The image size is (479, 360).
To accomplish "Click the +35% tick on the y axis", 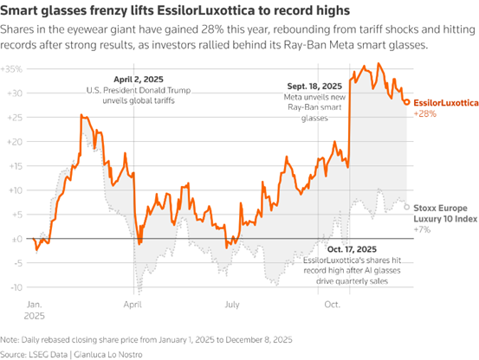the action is pyautogui.click(x=11, y=69).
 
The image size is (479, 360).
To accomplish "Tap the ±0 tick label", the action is pyautogui.click(x=17, y=239).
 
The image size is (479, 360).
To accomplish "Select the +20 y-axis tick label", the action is pyautogui.click(x=15, y=142).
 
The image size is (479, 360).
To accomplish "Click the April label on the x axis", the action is pyautogui.click(x=133, y=305).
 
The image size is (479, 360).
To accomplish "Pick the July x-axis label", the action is pyautogui.click(x=232, y=305).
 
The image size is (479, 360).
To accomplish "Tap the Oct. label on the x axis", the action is pyautogui.click(x=332, y=305).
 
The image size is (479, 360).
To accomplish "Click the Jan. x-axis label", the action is pyautogui.click(x=35, y=305).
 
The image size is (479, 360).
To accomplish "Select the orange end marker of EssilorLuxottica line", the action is pyautogui.click(x=407, y=102).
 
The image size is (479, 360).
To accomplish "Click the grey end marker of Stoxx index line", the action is pyautogui.click(x=407, y=207).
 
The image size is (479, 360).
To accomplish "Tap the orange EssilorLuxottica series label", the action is pyautogui.click(x=446, y=103).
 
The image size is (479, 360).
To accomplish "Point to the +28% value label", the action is pyautogui.click(x=425, y=114).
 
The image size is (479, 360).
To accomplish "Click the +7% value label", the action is pyautogui.click(x=422, y=229).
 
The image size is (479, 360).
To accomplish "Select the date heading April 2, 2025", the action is pyautogui.click(x=139, y=80).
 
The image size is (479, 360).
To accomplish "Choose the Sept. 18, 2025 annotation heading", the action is pyautogui.click(x=314, y=87).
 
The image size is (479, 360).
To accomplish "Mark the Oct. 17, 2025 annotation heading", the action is pyautogui.click(x=352, y=249).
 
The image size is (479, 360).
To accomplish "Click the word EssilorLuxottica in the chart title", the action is pyautogui.click(x=205, y=10).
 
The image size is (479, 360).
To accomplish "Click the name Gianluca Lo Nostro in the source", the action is pyautogui.click(x=108, y=355).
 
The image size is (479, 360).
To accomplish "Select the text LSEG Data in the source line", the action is pyautogui.click(x=48, y=355).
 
